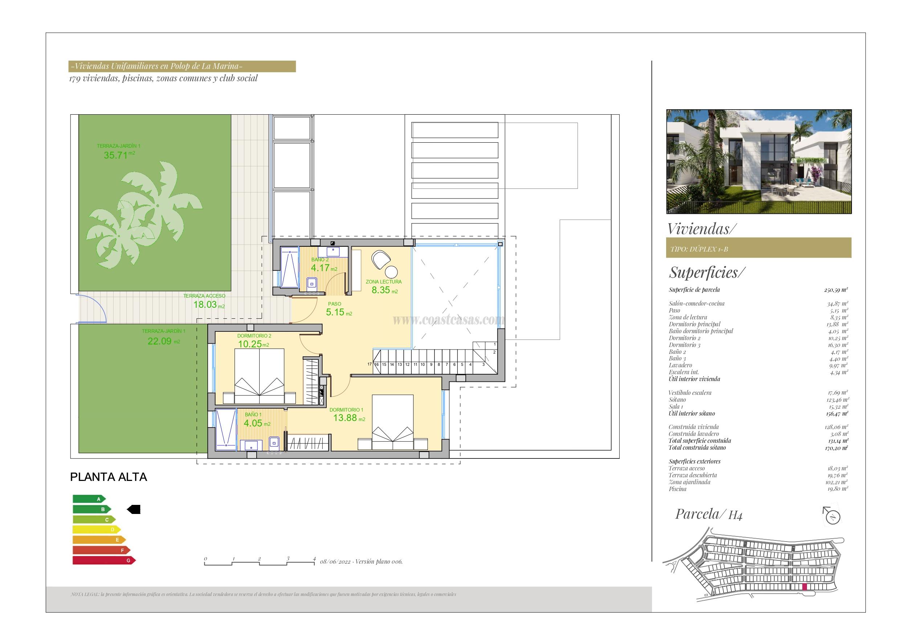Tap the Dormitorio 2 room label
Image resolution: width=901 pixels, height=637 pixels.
click(x=254, y=336)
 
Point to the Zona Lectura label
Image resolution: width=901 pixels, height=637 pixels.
click(x=383, y=282)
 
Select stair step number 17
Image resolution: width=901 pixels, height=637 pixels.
click(x=369, y=364)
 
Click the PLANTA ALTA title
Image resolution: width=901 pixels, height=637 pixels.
click(x=108, y=477)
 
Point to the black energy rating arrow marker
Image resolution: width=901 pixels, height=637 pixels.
click(x=134, y=510)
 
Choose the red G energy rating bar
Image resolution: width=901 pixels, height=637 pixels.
click(x=104, y=560)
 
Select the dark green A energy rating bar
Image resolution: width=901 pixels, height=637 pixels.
click(x=89, y=499)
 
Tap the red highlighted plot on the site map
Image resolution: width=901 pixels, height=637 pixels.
click(x=804, y=598)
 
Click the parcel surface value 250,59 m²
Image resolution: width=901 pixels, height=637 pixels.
click(x=836, y=290)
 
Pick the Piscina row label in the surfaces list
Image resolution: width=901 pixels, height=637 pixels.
click(x=678, y=489)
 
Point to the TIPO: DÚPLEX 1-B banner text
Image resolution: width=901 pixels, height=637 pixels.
click(x=699, y=249)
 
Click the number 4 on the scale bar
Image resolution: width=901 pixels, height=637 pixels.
click(x=314, y=559)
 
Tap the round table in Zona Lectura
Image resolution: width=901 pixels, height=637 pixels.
click(x=391, y=271)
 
